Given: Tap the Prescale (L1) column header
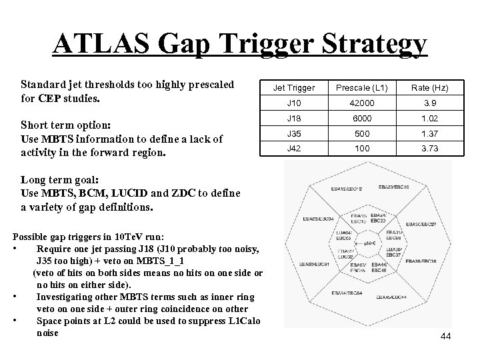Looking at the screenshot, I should [363, 88].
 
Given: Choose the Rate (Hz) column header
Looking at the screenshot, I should [429, 88].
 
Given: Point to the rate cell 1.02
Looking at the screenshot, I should [429, 118].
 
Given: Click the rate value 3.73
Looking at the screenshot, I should [429, 148].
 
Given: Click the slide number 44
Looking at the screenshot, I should [445, 336].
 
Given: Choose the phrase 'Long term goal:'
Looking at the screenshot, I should [61, 180].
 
